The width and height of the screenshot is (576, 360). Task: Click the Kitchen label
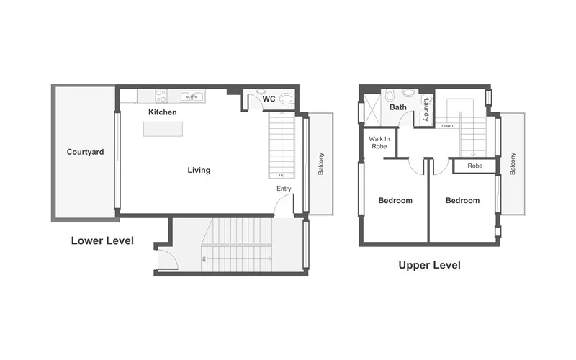[163, 112]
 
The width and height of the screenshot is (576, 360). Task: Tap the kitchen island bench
[163, 129]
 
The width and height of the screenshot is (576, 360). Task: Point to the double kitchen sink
[192, 96]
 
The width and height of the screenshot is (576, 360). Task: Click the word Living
[199, 171]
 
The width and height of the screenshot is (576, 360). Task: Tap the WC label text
[269, 99]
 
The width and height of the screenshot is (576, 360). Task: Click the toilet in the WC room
[287, 99]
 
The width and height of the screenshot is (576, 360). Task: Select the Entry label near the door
[284, 189]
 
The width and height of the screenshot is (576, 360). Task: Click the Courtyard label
[85, 152]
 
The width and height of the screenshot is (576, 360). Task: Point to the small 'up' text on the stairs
[281, 175]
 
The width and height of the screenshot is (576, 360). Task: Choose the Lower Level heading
[102, 240]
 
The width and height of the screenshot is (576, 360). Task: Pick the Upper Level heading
[429, 265]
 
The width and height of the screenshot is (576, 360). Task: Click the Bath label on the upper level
[398, 107]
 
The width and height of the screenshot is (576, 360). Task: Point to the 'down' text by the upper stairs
[447, 125]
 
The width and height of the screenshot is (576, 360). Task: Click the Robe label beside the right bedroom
[474, 166]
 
